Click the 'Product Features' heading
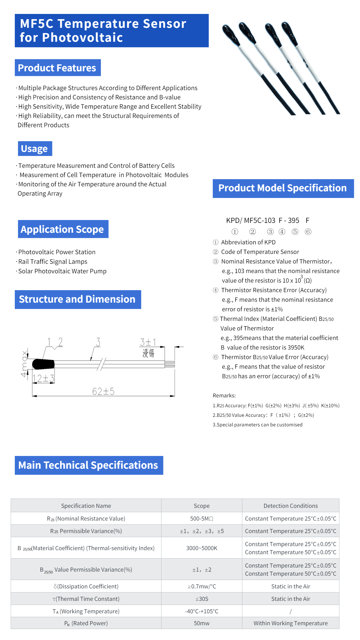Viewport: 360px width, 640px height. click(x=57, y=68)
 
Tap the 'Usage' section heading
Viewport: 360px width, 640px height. click(x=35, y=148)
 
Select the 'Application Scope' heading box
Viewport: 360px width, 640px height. click(x=63, y=229)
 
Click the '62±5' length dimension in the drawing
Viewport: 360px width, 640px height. click(x=103, y=392)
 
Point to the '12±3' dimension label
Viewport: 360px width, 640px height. click(x=43, y=379)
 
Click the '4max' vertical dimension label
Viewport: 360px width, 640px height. click(x=24, y=364)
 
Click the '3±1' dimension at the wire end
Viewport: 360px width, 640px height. click(x=148, y=342)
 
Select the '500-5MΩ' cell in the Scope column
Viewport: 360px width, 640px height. click(x=201, y=519)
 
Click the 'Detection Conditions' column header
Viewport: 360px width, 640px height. click(x=290, y=506)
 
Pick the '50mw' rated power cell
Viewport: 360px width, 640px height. click(x=201, y=623)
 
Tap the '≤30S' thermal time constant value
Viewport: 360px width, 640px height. click(x=201, y=599)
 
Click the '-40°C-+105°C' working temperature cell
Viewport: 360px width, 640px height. click(x=201, y=611)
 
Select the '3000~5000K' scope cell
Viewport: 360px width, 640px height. click(x=201, y=548)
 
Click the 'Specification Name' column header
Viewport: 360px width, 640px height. click(x=86, y=506)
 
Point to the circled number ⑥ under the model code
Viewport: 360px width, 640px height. click(x=308, y=232)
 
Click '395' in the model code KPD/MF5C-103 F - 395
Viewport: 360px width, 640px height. click(x=293, y=221)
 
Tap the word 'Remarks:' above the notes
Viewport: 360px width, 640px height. click(x=224, y=396)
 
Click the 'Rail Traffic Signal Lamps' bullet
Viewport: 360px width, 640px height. click(x=52, y=262)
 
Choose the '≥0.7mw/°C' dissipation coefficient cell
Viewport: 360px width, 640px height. click(x=201, y=586)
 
